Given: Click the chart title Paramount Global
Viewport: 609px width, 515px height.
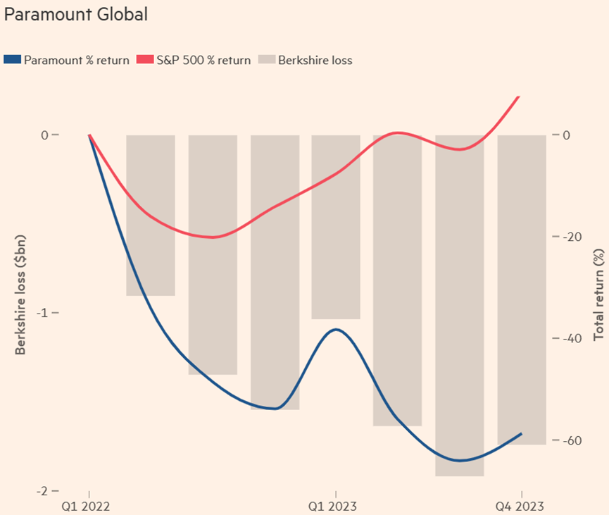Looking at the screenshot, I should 76,14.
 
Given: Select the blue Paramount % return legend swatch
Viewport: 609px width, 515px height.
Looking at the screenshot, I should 12,60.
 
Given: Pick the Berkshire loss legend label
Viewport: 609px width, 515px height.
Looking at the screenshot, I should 315,60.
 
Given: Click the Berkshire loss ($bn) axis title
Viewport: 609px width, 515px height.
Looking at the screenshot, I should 20,293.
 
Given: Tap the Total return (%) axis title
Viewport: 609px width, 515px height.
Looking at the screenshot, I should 600,293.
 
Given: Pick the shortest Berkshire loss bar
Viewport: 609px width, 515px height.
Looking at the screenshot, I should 151,215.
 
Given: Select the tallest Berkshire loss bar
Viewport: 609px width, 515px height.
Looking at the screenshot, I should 459,305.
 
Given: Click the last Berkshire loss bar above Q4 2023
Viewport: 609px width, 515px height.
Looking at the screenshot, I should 522,290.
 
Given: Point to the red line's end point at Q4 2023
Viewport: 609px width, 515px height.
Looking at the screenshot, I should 520,96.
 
